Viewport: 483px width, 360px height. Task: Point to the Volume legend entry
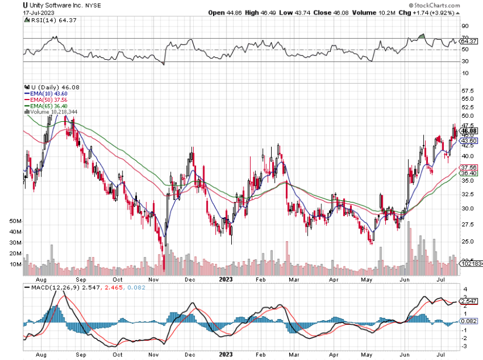[53, 112]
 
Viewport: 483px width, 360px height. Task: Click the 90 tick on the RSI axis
[465, 26]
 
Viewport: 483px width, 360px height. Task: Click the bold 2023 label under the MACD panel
[226, 354]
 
